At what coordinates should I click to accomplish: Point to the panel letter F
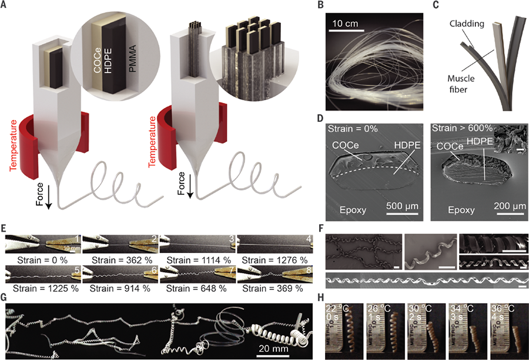coord(325,228)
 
